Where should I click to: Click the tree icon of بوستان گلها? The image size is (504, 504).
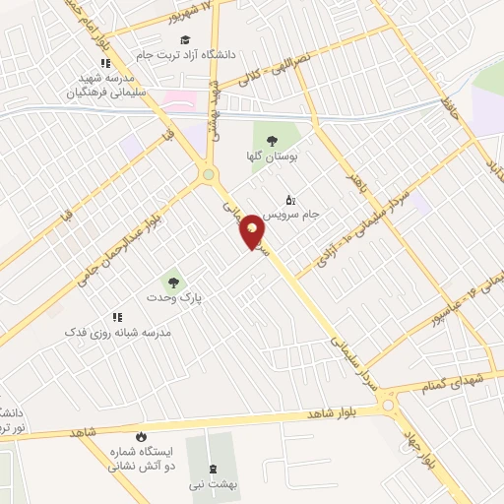tap(271, 141)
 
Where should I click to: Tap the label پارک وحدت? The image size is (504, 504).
tap(173, 297)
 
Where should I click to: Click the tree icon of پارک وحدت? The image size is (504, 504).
tap(173, 282)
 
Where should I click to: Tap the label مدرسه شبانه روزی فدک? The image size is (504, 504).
tap(118, 333)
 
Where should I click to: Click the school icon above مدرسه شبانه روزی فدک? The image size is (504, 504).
tap(117, 317)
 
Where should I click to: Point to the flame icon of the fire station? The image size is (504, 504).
tap(142, 436)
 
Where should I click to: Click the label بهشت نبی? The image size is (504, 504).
tap(218, 484)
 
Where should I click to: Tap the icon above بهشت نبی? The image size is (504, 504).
tap(214, 468)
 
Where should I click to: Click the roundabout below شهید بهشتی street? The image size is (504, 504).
tap(210, 175)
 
